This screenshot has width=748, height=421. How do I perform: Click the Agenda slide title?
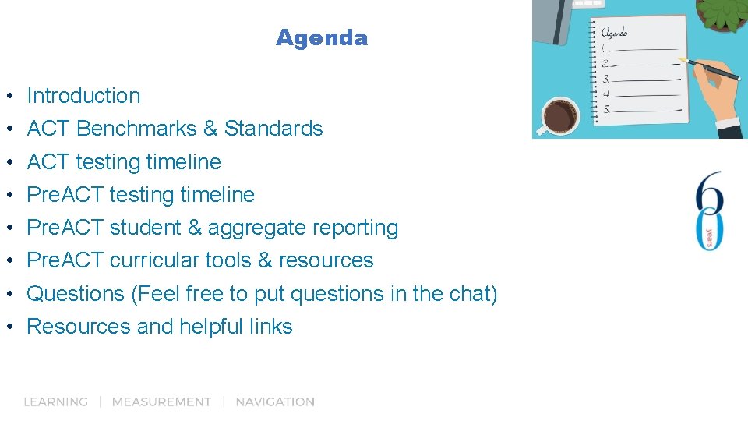pos(321,37)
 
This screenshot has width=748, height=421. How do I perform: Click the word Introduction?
pos(83,96)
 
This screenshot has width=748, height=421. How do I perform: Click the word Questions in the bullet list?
pos(76,294)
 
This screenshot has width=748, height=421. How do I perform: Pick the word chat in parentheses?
pos(468,294)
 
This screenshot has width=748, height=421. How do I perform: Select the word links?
pos(271,327)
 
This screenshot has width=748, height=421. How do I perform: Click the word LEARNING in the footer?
pos(55,402)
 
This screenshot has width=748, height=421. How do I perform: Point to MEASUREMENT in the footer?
pos(161,402)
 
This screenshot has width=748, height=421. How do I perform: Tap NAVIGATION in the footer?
pos(275,402)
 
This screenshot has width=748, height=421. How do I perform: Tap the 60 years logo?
pos(711,210)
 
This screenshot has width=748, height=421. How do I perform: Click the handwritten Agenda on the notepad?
pos(614,33)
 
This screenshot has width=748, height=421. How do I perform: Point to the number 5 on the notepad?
pos(607,109)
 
